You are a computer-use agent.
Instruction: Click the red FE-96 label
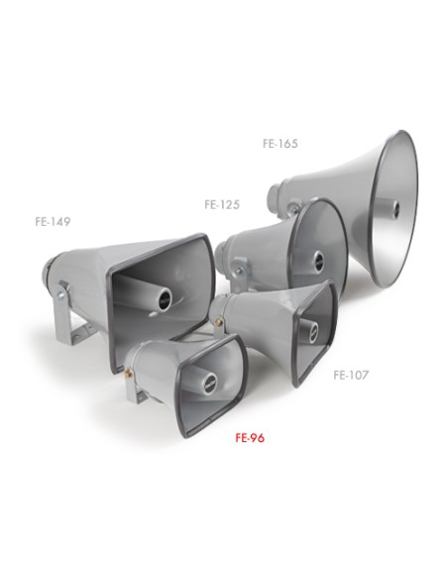point(249,435)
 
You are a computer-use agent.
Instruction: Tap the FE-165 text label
point(280,143)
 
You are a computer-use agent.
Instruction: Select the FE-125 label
point(222,205)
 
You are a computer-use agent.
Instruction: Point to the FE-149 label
point(52,222)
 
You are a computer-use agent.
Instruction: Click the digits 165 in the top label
point(287,143)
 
